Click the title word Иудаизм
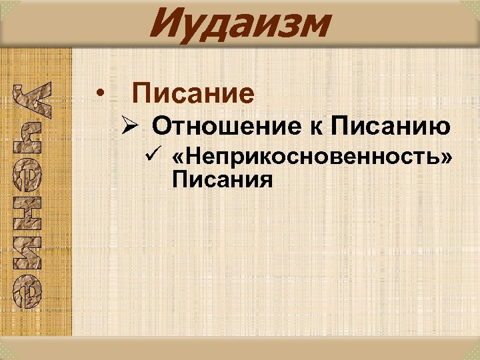(x=239, y=24)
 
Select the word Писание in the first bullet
(x=193, y=93)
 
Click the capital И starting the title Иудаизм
(x=165, y=24)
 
